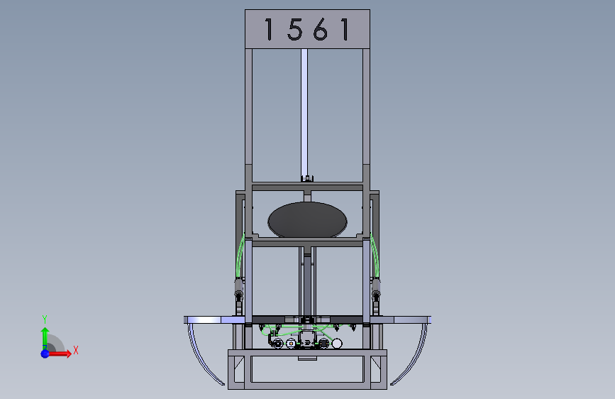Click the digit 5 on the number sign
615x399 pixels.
pos(295,29)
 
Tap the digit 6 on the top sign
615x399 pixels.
pos(321,29)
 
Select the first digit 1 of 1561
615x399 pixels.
pos(269,29)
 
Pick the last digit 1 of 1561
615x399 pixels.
pos(345,29)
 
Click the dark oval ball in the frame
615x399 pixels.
pos(308,220)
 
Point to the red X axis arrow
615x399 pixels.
pos(59,354)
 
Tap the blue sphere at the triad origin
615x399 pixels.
pos(45,354)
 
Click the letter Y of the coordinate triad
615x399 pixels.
pos(45,319)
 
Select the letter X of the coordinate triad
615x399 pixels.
pos(76,350)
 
